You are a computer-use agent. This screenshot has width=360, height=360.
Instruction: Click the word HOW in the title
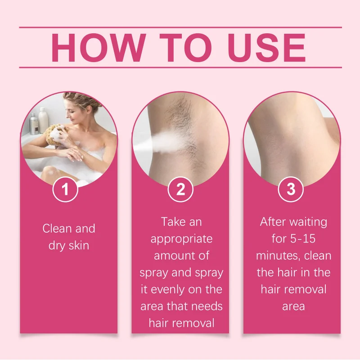[x=98, y=48]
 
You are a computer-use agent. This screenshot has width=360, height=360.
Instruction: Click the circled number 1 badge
[x=65, y=189]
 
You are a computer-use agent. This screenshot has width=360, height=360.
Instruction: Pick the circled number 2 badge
[x=180, y=189]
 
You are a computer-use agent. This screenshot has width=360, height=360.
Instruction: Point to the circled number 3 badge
[x=291, y=189]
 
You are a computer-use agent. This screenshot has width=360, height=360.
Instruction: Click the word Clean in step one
[x=58, y=229]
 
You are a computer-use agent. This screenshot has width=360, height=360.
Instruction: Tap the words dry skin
[x=69, y=246]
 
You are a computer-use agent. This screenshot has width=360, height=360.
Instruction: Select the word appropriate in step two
[x=181, y=239]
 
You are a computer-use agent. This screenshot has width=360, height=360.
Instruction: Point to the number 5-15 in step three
[x=303, y=239]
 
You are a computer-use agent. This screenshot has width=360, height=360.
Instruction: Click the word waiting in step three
[x=308, y=222]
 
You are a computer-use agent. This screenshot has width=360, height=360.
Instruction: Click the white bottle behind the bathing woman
[x=43, y=120]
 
